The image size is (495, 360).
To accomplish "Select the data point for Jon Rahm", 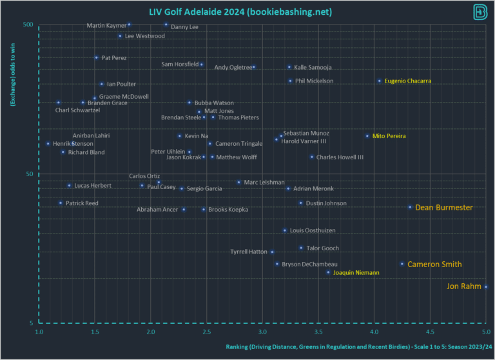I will pos(486,287).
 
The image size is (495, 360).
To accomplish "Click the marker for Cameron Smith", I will pos(402,264).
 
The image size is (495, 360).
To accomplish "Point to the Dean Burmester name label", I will pos(443,208).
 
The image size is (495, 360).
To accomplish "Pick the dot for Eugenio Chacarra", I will pos(380,81).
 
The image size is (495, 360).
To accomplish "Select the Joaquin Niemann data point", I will pos(328,272).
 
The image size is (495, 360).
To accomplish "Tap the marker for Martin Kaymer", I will pos(129,25).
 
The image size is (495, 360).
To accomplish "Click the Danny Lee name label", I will pos(185,27).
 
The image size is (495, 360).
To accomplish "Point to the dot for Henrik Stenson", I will pos(48,144).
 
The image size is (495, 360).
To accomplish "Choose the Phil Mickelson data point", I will pos(290,81).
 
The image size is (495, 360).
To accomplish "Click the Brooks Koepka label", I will pos(228,210).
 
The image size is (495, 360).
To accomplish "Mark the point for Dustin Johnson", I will pos(300,203).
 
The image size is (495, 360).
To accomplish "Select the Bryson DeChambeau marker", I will pos(277,264).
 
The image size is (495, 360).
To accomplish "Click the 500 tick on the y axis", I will pos(28,25).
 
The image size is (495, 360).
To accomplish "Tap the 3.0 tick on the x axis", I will pos(262,332).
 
